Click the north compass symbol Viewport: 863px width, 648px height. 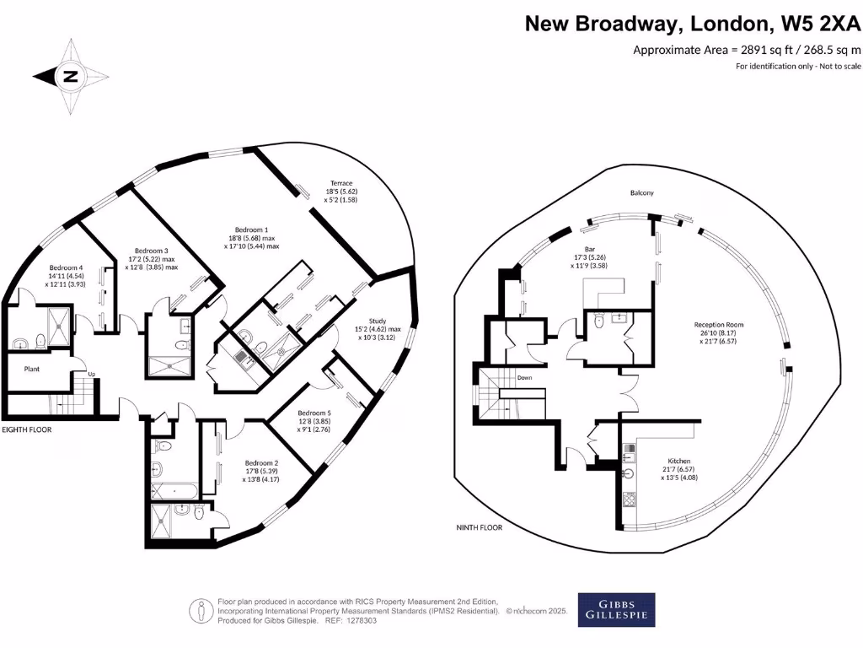click(x=71, y=77)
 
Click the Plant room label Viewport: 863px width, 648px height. click(x=32, y=368)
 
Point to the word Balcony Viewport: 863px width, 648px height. click(x=642, y=193)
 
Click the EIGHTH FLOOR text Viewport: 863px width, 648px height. click(x=27, y=429)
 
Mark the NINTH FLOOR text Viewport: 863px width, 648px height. click(x=477, y=527)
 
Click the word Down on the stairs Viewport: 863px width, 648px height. click(x=523, y=378)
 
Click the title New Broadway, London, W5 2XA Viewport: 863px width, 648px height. click(x=693, y=23)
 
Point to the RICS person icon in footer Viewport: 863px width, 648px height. click(x=201, y=609)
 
